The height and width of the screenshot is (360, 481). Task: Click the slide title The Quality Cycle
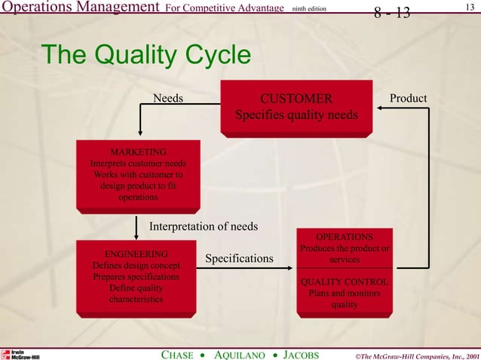(x=146, y=56)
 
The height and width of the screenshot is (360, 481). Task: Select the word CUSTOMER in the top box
(x=296, y=99)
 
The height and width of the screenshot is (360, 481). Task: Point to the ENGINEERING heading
(x=136, y=254)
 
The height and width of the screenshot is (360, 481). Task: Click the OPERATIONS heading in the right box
(x=344, y=237)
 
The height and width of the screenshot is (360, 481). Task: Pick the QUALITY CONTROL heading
(x=344, y=282)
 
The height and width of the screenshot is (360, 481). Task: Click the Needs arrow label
(x=168, y=99)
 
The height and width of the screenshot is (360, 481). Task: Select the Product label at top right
(x=408, y=99)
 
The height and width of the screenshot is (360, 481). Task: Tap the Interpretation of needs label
(x=204, y=226)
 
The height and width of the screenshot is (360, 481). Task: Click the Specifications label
(x=239, y=259)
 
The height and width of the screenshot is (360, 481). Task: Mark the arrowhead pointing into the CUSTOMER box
(x=381, y=108)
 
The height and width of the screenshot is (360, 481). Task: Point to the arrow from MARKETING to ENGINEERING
(x=136, y=226)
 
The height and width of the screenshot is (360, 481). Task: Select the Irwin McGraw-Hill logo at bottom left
(x=20, y=354)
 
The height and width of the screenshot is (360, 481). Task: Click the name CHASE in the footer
(x=182, y=354)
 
